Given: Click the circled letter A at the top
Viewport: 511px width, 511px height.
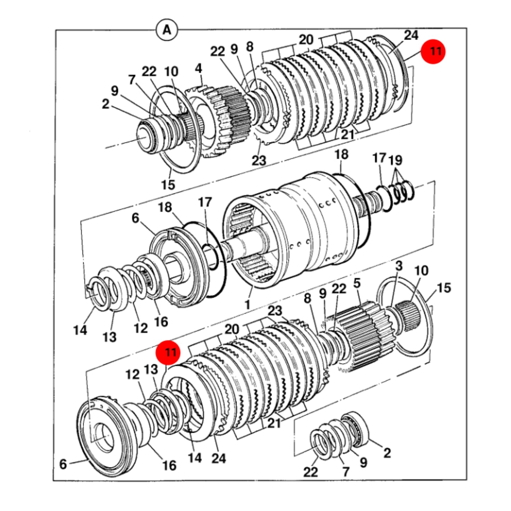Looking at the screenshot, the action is point(167,30).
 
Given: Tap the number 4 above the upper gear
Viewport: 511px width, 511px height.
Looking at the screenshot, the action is point(198,68).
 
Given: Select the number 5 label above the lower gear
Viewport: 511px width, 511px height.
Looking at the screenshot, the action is point(357,283).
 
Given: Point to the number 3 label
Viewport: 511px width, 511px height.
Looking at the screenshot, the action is point(399,266).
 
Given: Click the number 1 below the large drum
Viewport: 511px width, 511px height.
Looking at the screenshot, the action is point(247,304).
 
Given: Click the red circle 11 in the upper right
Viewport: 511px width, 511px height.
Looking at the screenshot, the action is point(433,51).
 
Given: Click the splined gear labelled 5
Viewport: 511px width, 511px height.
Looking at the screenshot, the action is point(366,337).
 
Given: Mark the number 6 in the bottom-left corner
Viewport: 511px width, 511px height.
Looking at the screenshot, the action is point(63,464).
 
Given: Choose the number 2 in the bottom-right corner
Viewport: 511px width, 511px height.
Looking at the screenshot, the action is point(387,453).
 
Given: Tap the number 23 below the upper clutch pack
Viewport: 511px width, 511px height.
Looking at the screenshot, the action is point(259,161).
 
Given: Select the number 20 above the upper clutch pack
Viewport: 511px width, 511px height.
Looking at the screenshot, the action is point(306,40).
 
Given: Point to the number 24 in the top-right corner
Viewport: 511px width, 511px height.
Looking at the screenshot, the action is point(411,35).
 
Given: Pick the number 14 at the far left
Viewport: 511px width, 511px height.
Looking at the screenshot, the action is point(80,330).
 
